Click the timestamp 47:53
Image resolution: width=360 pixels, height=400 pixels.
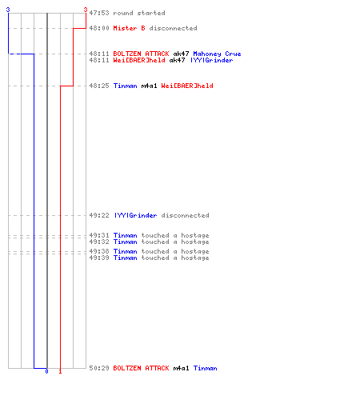[99, 13]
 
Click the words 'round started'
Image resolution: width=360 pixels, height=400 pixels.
[139, 13]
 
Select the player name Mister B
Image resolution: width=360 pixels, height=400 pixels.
[130, 28]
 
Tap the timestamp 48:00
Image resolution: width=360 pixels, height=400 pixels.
[99, 28]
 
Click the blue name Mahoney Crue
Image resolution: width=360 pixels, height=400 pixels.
[217, 54]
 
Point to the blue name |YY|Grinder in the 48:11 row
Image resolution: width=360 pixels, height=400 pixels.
[212, 60]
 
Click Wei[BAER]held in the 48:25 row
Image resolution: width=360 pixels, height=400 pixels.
[187, 86]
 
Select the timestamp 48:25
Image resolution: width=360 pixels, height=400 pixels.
[99, 86]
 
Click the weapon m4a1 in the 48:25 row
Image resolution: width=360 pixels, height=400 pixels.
[149, 86]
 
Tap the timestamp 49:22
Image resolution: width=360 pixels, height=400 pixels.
[99, 215]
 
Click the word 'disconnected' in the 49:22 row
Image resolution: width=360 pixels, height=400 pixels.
[185, 215]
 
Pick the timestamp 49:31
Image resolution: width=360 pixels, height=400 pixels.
[99, 235]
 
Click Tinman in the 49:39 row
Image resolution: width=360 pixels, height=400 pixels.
[126, 258]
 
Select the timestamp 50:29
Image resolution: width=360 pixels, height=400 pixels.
[99, 368]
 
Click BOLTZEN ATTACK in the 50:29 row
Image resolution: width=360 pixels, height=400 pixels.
[141, 368]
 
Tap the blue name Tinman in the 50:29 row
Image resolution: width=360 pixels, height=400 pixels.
[205, 368]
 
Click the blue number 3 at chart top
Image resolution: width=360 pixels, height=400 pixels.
[8, 10]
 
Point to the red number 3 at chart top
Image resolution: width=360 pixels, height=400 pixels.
[86, 10]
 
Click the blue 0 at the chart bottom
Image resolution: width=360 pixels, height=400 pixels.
[46, 371]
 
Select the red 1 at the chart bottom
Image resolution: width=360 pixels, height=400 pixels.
[60, 371]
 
